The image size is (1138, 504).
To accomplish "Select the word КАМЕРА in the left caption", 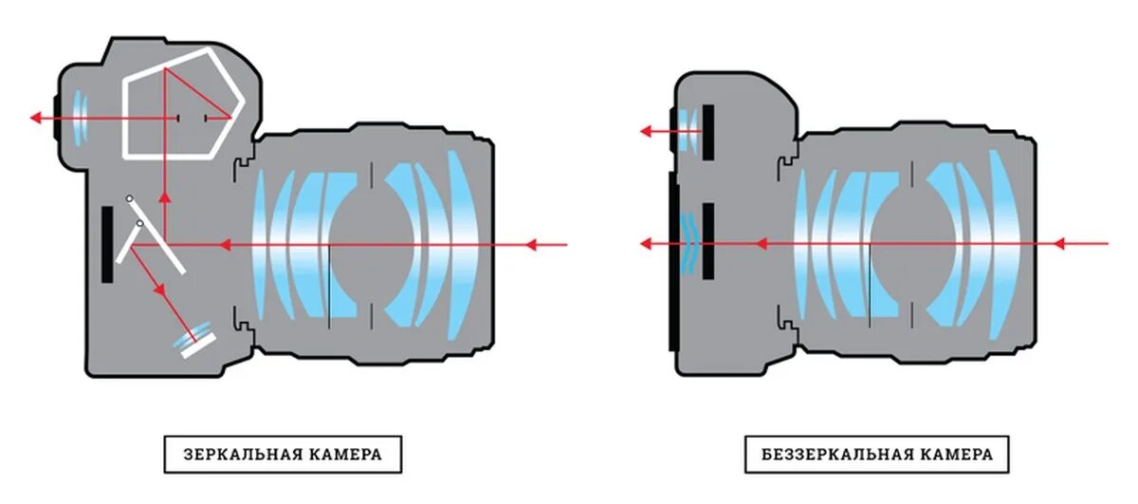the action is click(x=346, y=455).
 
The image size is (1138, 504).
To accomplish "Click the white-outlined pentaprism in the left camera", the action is click(x=180, y=104).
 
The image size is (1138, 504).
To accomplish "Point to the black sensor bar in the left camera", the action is click(x=107, y=245).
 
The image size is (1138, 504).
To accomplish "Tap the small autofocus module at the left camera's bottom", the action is click(x=195, y=339).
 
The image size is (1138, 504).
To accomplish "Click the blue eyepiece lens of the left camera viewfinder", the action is click(x=79, y=118).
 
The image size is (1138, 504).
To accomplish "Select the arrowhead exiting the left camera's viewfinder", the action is click(x=36, y=118).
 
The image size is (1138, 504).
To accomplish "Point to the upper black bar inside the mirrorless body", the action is click(x=707, y=131).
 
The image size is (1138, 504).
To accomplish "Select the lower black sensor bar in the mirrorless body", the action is click(x=707, y=241).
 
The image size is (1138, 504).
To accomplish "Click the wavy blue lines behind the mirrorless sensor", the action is click(x=690, y=243).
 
